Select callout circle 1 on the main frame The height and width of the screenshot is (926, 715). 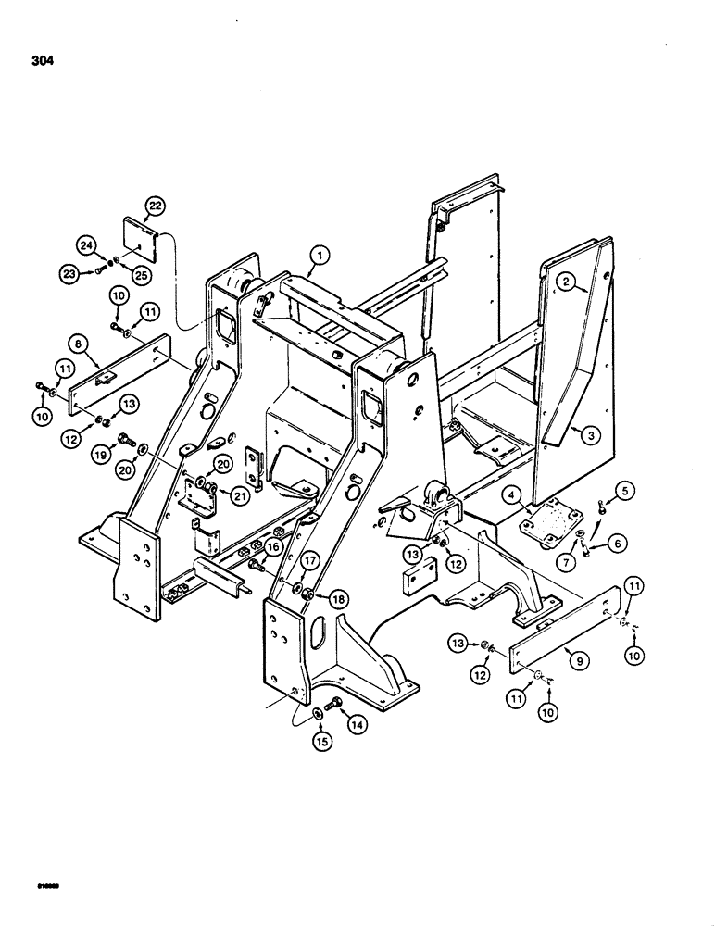(318, 253)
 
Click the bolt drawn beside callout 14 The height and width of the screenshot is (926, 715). (335, 714)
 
